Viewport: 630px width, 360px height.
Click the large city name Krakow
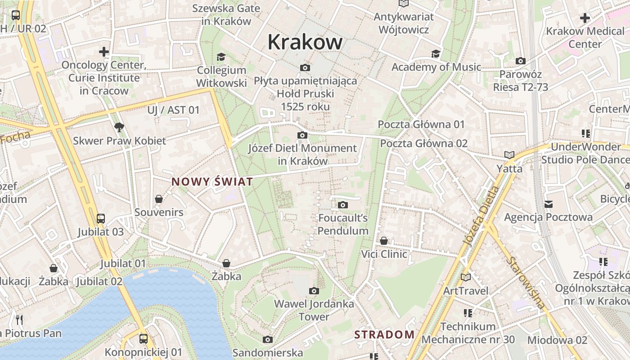click(x=305, y=42)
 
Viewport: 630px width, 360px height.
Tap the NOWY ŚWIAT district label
click(x=212, y=182)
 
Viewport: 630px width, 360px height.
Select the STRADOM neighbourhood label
click(x=384, y=334)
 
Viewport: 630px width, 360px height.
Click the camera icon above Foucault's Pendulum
click(x=343, y=205)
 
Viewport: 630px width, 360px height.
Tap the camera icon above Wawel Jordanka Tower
click(x=314, y=291)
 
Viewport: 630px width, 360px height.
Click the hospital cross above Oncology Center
click(x=104, y=52)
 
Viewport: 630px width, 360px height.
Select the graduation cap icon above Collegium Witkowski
click(x=221, y=57)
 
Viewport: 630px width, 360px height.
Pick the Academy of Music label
click(x=436, y=67)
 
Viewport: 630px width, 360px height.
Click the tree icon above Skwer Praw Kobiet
click(x=119, y=127)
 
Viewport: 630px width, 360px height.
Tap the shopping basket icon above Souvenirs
click(x=159, y=198)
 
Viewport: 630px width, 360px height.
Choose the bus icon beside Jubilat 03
click(x=101, y=219)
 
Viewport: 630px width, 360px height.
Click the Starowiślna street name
click(x=526, y=283)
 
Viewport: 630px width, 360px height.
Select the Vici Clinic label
click(x=384, y=254)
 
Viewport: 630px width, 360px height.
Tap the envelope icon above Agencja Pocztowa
click(x=548, y=204)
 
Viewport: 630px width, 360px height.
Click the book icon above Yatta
click(x=509, y=155)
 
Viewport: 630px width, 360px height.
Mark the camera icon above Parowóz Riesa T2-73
click(x=521, y=61)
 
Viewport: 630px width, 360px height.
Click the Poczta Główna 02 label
click(x=424, y=144)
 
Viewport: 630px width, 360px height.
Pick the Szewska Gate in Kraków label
click(x=226, y=14)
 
